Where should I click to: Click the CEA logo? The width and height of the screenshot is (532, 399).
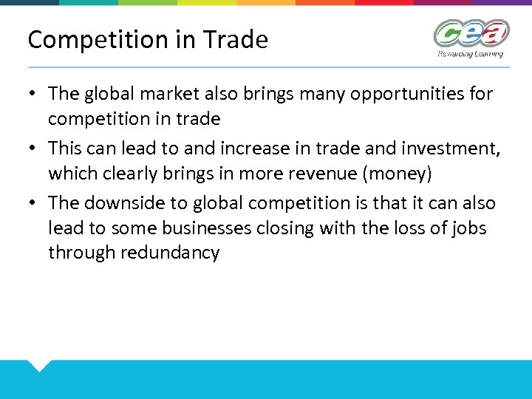471,33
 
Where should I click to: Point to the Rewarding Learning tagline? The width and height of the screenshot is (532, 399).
471,53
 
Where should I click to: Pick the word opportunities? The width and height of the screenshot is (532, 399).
389,94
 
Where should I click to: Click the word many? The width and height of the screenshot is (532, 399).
303,94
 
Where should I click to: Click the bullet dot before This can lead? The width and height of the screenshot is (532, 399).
33,149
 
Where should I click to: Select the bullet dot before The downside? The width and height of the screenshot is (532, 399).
33,203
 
